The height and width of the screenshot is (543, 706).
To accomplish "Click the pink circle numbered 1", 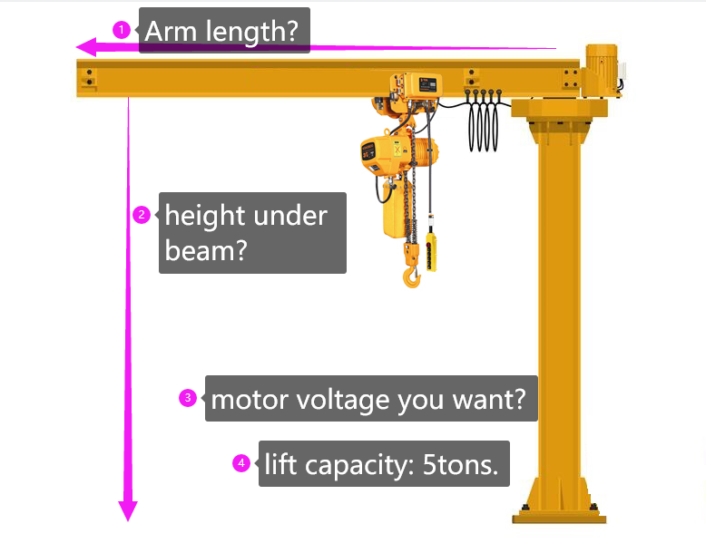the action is (x=121, y=30).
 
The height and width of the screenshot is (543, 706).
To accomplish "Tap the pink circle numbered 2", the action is (x=141, y=215).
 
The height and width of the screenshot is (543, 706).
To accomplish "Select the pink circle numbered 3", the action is (x=188, y=397).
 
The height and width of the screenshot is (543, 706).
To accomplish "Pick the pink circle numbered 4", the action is (x=240, y=463).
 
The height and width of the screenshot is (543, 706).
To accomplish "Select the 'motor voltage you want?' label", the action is (x=371, y=399).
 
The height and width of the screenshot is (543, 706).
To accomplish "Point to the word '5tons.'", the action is (x=460, y=464).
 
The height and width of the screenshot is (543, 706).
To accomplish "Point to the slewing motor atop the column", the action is (x=600, y=69).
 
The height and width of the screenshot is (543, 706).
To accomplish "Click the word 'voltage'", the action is (x=349, y=399).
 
